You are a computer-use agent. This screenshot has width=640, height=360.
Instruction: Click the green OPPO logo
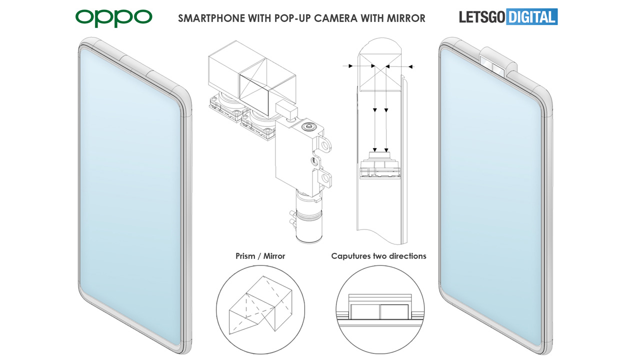pyautogui.click(x=113, y=18)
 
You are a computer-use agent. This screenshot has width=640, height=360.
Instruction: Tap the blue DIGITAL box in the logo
pyautogui.click(x=531, y=17)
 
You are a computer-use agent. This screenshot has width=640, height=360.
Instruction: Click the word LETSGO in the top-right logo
pyautogui.click(x=482, y=17)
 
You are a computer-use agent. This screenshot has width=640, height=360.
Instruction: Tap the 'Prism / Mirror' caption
pyautogui.click(x=260, y=256)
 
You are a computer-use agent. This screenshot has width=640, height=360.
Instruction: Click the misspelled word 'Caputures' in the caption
pyautogui.click(x=351, y=256)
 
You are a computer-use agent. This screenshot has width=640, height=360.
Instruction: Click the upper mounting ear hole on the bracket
pyautogui.click(x=326, y=145)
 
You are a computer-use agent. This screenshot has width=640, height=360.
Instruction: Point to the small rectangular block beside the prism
pyautogui.click(x=287, y=108)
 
